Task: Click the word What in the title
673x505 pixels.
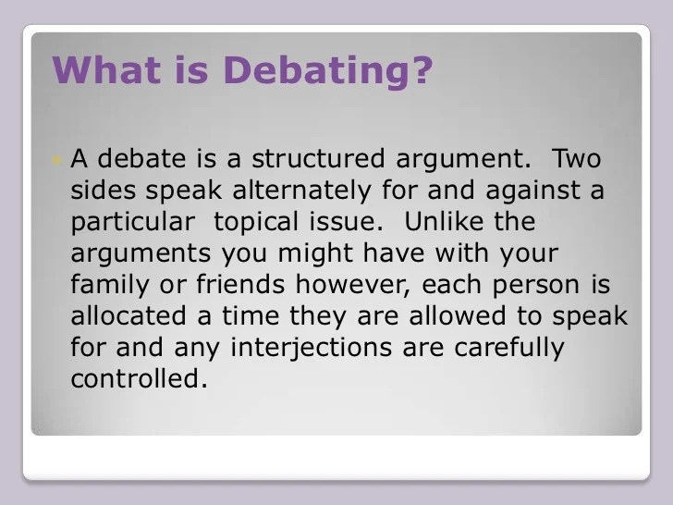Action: (107, 70)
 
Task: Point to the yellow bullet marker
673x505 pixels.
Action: (56, 160)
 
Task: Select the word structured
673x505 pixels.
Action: (318, 158)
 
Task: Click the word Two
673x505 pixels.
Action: (576, 158)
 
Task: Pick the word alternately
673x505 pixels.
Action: (301, 191)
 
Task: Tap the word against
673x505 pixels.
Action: (533, 191)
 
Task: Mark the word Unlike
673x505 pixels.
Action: (444, 221)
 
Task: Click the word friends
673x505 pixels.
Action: (240, 284)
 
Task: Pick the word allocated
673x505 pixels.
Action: (128, 315)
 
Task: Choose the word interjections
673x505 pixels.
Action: (312, 349)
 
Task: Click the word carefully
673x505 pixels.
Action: (509, 349)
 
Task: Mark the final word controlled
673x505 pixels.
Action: (139, 378)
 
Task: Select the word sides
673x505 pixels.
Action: (104, 190)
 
